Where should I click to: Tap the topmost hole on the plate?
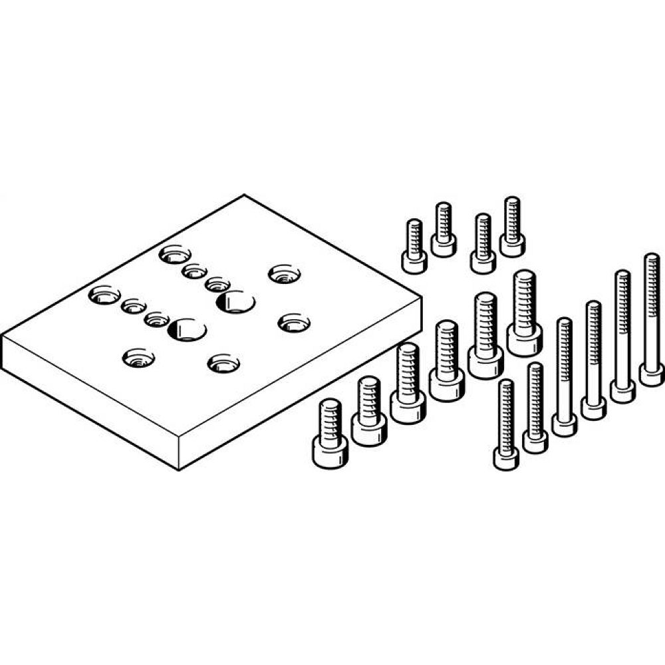(x=174, y=254)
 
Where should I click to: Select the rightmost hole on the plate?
(x=293, y=324)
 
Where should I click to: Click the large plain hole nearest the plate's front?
(x=187, y=329)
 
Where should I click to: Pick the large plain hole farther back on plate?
(x=235, y=301)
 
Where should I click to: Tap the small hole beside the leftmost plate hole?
(x=134, y=306)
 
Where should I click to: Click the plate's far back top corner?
(x=244, y=195)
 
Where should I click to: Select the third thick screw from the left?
(x=407, y=383)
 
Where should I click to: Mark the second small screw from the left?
(x=444, y=229)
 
